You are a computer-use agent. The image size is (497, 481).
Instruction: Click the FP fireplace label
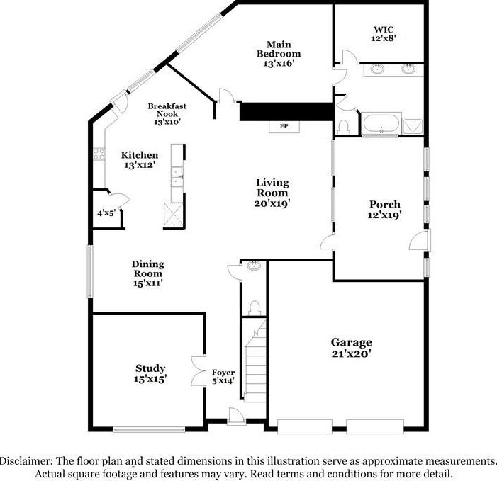284,127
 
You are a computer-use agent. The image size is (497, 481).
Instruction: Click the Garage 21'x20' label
351,347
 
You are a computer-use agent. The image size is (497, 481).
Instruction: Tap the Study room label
150,373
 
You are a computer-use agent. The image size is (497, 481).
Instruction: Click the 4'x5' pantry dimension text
106,213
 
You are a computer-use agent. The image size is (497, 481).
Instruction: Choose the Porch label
385,209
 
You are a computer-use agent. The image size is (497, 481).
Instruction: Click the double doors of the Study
197,370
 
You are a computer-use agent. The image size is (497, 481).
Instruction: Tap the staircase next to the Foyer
254,368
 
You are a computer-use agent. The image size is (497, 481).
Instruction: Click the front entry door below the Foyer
235,423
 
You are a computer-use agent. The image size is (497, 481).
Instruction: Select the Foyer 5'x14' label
223,377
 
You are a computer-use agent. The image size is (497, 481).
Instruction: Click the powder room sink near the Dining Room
253,268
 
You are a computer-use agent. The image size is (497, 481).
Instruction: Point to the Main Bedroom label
278,53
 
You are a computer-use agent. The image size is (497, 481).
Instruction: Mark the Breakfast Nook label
167,113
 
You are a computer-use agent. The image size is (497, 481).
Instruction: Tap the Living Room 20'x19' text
272,192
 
